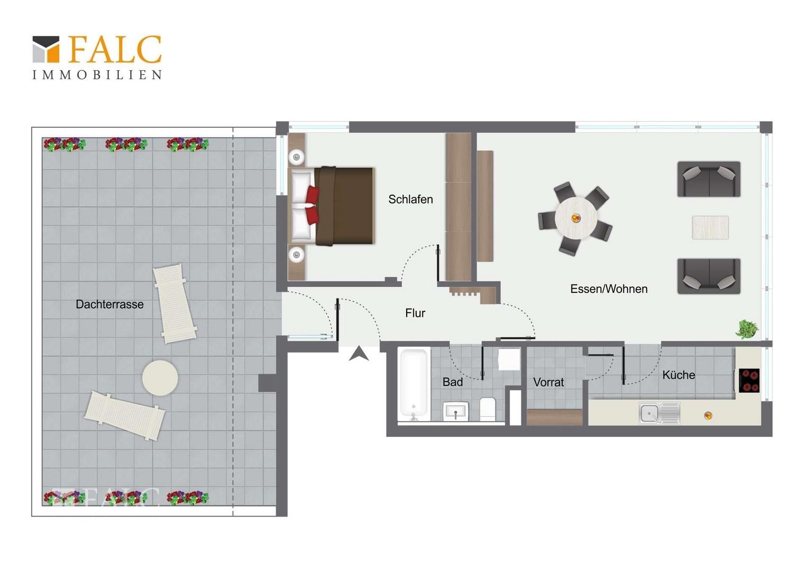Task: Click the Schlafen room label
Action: click(410, 199)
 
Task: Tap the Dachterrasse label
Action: click(109, 305)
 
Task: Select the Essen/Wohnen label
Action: click(609, 289)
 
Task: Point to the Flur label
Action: click(415, 313)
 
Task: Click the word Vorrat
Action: click(548, 382)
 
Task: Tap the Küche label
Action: click(678, 375)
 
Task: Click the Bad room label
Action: click(453, 382)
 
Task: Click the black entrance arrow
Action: click(359, 354)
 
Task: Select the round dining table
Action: click(576, 218)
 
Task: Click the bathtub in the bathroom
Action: click(414, 384)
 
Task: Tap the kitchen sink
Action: click(659, 413)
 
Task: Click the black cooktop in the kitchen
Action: click(749, 381)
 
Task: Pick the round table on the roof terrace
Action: click(160, 377)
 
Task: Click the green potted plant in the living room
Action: click(747, 329)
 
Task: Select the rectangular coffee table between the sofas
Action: click(710, 227)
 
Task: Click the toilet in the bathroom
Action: click(488, 409)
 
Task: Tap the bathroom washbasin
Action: click(456, 411)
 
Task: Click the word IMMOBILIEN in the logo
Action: click(97, 75)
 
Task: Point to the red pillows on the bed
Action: click(313, 205)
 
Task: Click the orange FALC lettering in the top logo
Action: click(115, 49)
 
